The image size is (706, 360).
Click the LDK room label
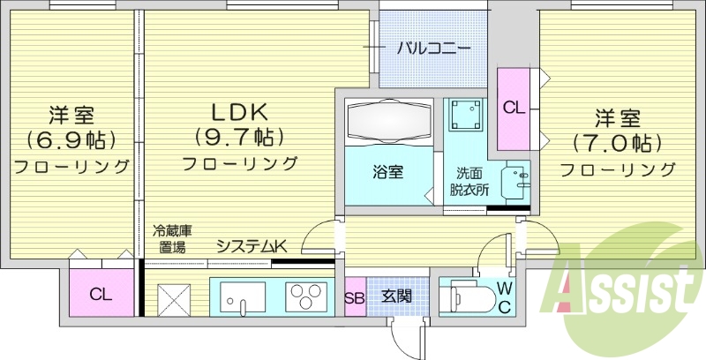pyautogui.click(x=238, y=112)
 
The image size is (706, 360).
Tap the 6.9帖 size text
pyautogui.click(x=72, y=139)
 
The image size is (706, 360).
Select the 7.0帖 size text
pyautogui.click(x=617, y=141)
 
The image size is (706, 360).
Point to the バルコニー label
pyautogui.click(x=432, y=48)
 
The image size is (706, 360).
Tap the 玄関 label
pyautogui.click(x=396, y=296)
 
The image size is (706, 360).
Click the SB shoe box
pyautogui.click(x=354, y=296)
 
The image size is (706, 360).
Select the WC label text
pyautogui.click(x=503, y=296)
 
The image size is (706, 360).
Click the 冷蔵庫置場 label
pyautogui.click(x=173, y=239)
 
